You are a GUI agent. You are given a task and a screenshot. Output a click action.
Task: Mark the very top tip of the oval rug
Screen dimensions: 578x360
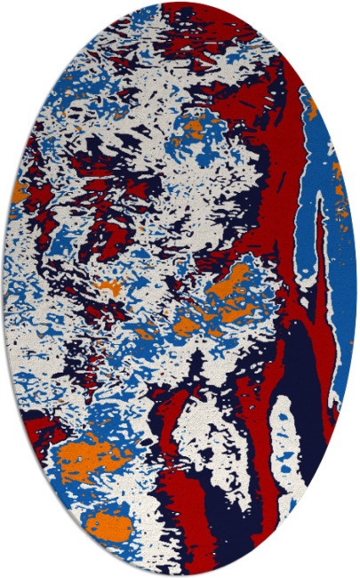click(x=180, y=3)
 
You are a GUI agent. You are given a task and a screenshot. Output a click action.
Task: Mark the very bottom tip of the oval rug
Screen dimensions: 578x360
click(x=180, y=575)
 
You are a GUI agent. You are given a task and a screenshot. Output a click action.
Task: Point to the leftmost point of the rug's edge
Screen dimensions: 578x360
click(x=3, y=289)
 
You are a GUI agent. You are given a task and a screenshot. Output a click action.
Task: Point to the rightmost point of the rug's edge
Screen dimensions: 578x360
click(x=357, y=289)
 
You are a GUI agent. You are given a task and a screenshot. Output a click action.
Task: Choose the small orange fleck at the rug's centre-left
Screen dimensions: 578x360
click(x=108, y=287)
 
